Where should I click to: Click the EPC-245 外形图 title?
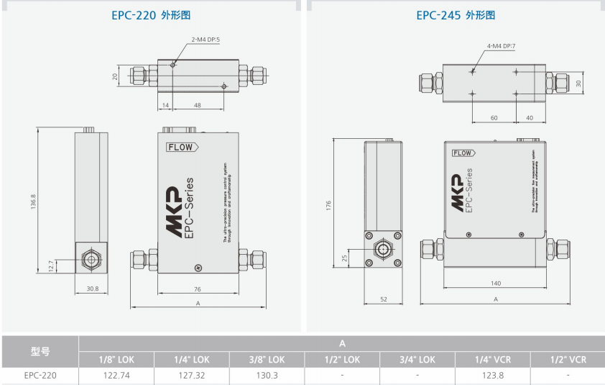(456, 14)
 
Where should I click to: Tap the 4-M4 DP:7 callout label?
(502, 46)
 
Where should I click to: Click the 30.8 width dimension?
(91, 289)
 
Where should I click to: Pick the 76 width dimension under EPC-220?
(197, 289)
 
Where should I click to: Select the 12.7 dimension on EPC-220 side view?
(50, 265)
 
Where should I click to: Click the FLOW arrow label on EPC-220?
(181, 147)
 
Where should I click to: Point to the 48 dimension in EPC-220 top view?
(198, 105)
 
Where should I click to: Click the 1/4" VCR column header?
(493, 359)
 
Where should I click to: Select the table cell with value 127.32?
(191, 375)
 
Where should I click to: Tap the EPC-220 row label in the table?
(40, 375)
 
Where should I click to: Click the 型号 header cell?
(40, 351)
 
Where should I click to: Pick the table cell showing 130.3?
(267, 375)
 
